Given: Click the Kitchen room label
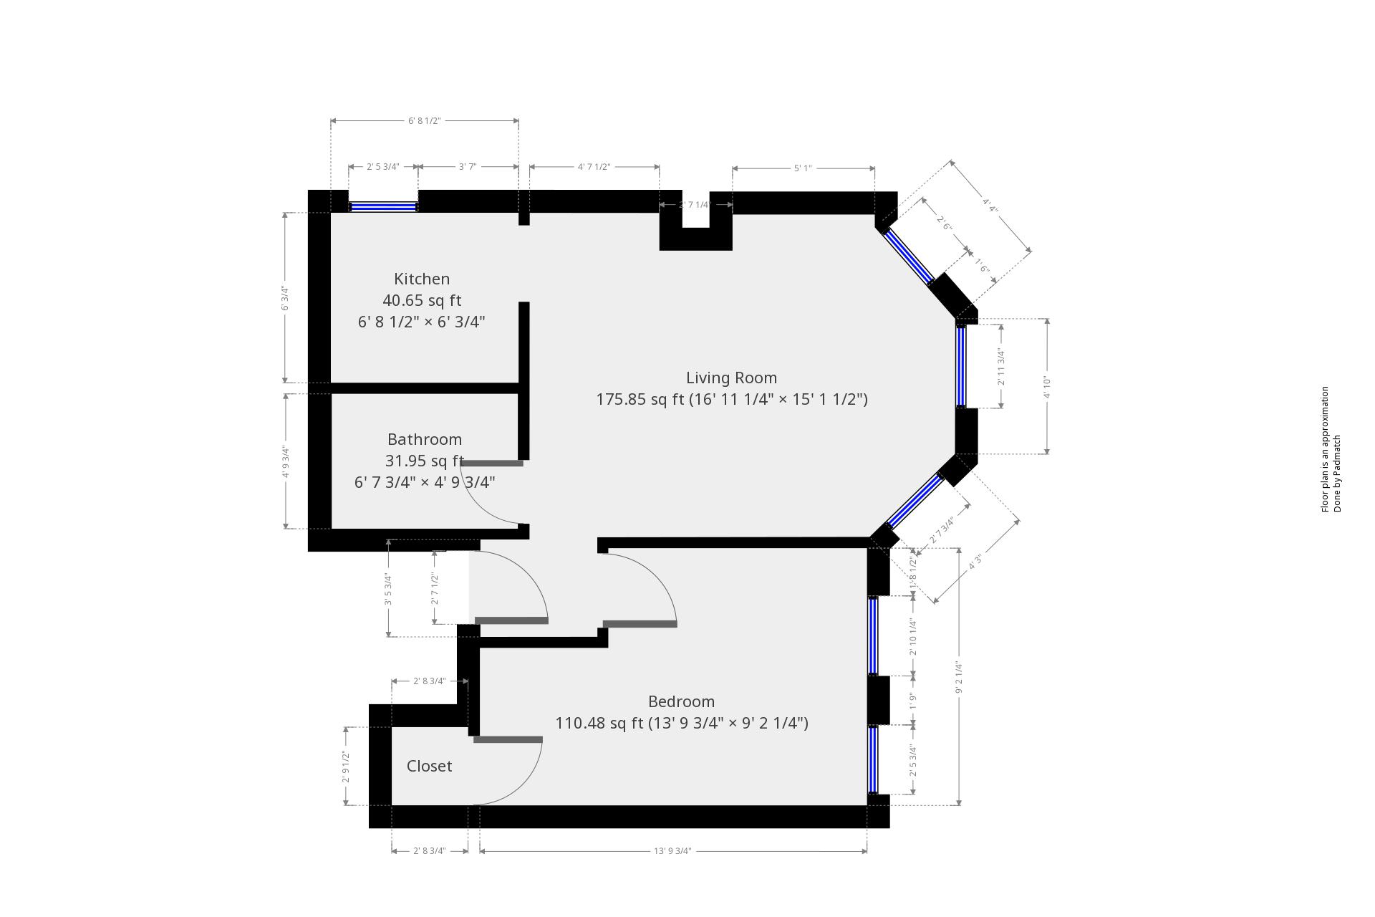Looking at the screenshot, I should (x=422, y=279).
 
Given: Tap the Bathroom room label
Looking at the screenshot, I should (x=425, y=439).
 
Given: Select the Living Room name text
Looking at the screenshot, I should (x=731, y=378).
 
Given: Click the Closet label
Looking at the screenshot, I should (x=429, y=766).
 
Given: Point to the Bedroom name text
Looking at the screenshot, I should (x=681, y=701).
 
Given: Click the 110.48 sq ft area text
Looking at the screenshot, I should (x=600, y=723).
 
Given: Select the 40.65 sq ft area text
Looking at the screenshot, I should (x=422, y=300).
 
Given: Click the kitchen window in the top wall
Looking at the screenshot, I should (x=382, y=206).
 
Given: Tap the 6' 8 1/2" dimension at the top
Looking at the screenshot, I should (x=424, y=121).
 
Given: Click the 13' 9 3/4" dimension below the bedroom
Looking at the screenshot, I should (x=672, y=851).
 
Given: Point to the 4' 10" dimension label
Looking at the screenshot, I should (x=1046, y=387).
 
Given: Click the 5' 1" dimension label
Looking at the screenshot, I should (x=802, y=168).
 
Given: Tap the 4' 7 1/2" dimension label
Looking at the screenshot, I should (x=594, y=167).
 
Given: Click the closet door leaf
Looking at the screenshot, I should (x=508, y=739).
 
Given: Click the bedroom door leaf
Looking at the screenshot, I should (x=640, y=624).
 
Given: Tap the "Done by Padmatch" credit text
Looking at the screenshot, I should (x=1337, y=474).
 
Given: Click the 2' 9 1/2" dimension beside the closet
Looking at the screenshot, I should (x=346, y=767).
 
